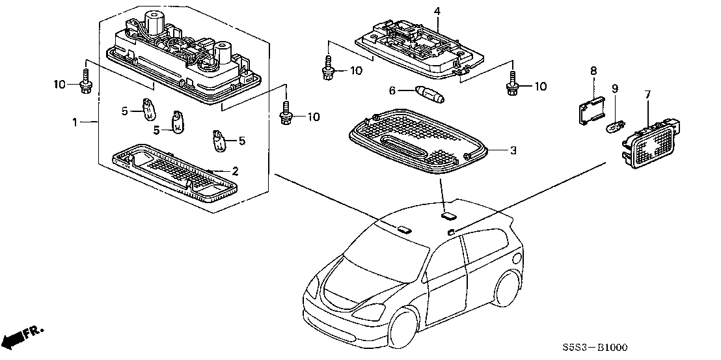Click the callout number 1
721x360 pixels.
pos(75,122)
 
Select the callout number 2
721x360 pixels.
pos(236,172)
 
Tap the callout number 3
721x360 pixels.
pos(513,151)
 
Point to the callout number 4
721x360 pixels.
pos(437,11)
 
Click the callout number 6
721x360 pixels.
pos(392,91)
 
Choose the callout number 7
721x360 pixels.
pos(648,95)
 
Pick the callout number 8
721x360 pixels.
pos(593,70)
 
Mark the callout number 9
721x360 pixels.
pos(615,88)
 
